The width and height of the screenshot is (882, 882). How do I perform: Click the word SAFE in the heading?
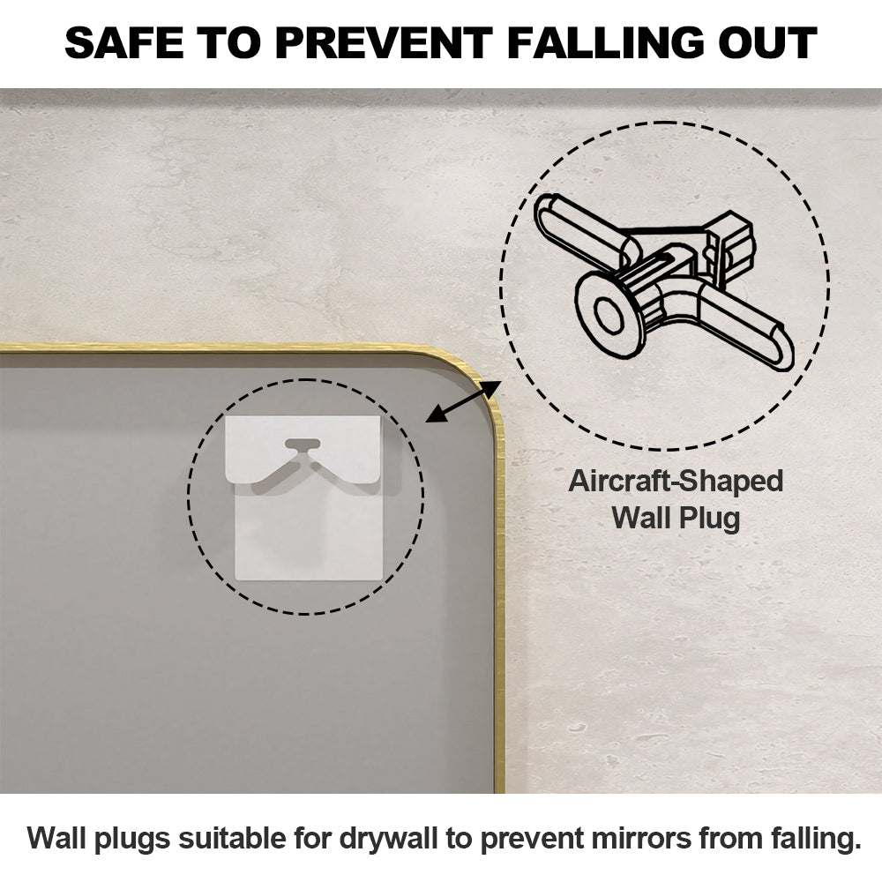point(124,42)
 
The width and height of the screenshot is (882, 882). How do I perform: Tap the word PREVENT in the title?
point(384,42)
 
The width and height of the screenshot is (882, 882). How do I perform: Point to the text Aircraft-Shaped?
point(676,482)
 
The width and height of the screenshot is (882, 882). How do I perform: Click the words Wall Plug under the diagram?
point(676,518)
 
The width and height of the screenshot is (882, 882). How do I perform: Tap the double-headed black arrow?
point(463,401)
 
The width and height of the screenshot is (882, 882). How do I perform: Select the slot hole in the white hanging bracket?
point(303,444)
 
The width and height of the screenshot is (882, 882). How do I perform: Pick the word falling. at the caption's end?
point(808,838)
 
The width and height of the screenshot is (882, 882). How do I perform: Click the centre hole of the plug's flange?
point(608,316)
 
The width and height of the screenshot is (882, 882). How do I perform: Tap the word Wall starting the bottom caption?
point(56,838)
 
